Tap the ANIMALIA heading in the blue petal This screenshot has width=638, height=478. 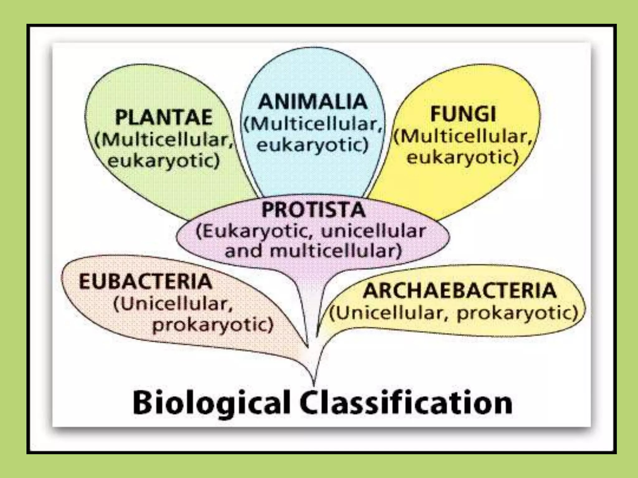313,101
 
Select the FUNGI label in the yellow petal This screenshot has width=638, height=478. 463,114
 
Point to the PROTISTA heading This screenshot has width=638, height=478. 313,209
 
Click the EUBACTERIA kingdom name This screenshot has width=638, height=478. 145,281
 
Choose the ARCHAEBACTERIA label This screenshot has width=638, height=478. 459,290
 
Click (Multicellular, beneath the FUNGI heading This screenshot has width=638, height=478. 464,136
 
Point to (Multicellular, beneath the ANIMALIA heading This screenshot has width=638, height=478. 313,124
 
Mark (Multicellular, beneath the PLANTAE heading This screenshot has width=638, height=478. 164,140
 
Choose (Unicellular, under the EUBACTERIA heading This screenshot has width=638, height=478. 173,304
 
